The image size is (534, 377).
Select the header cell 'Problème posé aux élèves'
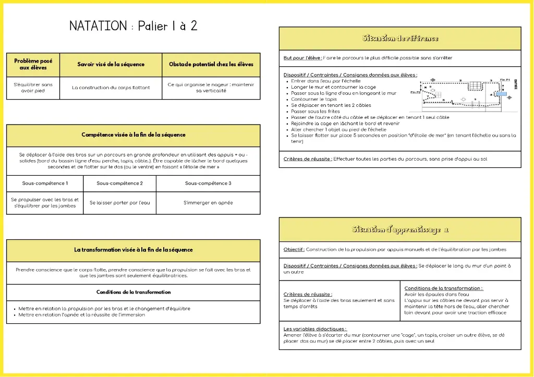[33, 64]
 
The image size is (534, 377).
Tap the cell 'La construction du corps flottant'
[111, 88]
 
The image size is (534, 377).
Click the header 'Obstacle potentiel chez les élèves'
[211, 64]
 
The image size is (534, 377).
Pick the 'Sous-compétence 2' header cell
[119, 184]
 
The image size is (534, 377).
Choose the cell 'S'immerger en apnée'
[208, 203]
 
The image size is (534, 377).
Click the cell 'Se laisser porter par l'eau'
[119, 203]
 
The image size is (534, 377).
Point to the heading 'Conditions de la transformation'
[133, 292]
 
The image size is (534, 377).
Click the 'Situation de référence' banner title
[400, 39]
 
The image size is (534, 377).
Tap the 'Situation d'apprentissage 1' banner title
[400, 229]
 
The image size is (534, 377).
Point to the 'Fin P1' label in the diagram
[504, 80]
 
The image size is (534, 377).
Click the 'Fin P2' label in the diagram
[415, 92]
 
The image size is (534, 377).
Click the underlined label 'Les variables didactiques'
[307, 329]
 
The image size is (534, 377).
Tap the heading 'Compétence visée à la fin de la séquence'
[133, 135]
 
